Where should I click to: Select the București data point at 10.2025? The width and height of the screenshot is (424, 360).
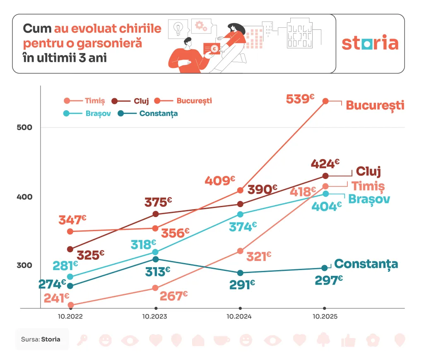[325, 101]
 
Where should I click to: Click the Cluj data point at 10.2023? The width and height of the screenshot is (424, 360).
[156, 214]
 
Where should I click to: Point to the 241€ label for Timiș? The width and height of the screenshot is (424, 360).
[56, 298]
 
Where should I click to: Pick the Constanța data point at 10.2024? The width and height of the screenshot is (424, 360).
[240, 273]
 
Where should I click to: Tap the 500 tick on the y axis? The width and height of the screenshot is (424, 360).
[24, 127]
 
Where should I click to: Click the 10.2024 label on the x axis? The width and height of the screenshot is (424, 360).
[240, 317]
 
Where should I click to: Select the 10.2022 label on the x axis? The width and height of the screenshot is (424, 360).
[70, 317]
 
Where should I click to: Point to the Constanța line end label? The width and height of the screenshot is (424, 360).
[366, 264]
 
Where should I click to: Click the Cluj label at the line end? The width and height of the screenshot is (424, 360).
[368, 172]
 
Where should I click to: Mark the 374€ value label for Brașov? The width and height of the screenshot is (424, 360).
[243, 227]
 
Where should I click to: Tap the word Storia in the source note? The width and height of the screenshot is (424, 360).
[51, 339]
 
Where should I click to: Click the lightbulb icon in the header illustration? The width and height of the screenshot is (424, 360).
[178, 28]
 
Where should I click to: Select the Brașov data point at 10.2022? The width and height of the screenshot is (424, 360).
[70, 277]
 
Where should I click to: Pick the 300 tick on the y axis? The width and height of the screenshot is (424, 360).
[24, 265]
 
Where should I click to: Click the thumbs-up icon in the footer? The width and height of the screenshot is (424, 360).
[348, 341]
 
